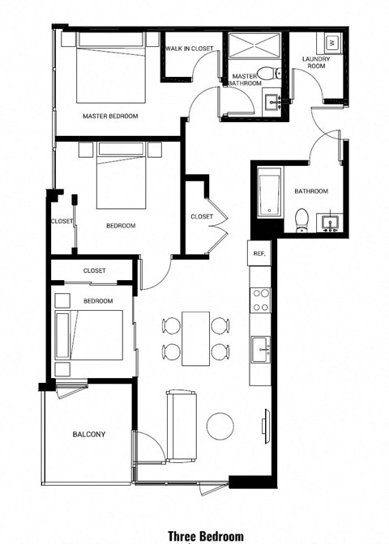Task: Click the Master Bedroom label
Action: pyautogui.click(x=110, y=116)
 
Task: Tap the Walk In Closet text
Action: pyautogui.click(x=189, y=49)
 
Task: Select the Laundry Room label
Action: pyautogui.click(x=314, y=63)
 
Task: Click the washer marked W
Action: pyautogui.click(x=332, y=41)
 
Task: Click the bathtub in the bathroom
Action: pyautogui.click(x=269, y=193)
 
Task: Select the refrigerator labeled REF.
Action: pyautogui.click(x=259, y=253)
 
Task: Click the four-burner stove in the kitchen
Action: pyautogui.click(x=260, y=300)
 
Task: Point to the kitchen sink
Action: pyautogui.click(x=261, y=351)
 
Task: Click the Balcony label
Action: pyautogui.click(x=89, y=435)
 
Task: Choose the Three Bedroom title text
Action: pyautogui.click(x=206, y=535)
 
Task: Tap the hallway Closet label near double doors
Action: pyautogui.click(x=202, y=216)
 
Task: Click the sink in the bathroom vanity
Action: pyautogui.click(x=330, y=221)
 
